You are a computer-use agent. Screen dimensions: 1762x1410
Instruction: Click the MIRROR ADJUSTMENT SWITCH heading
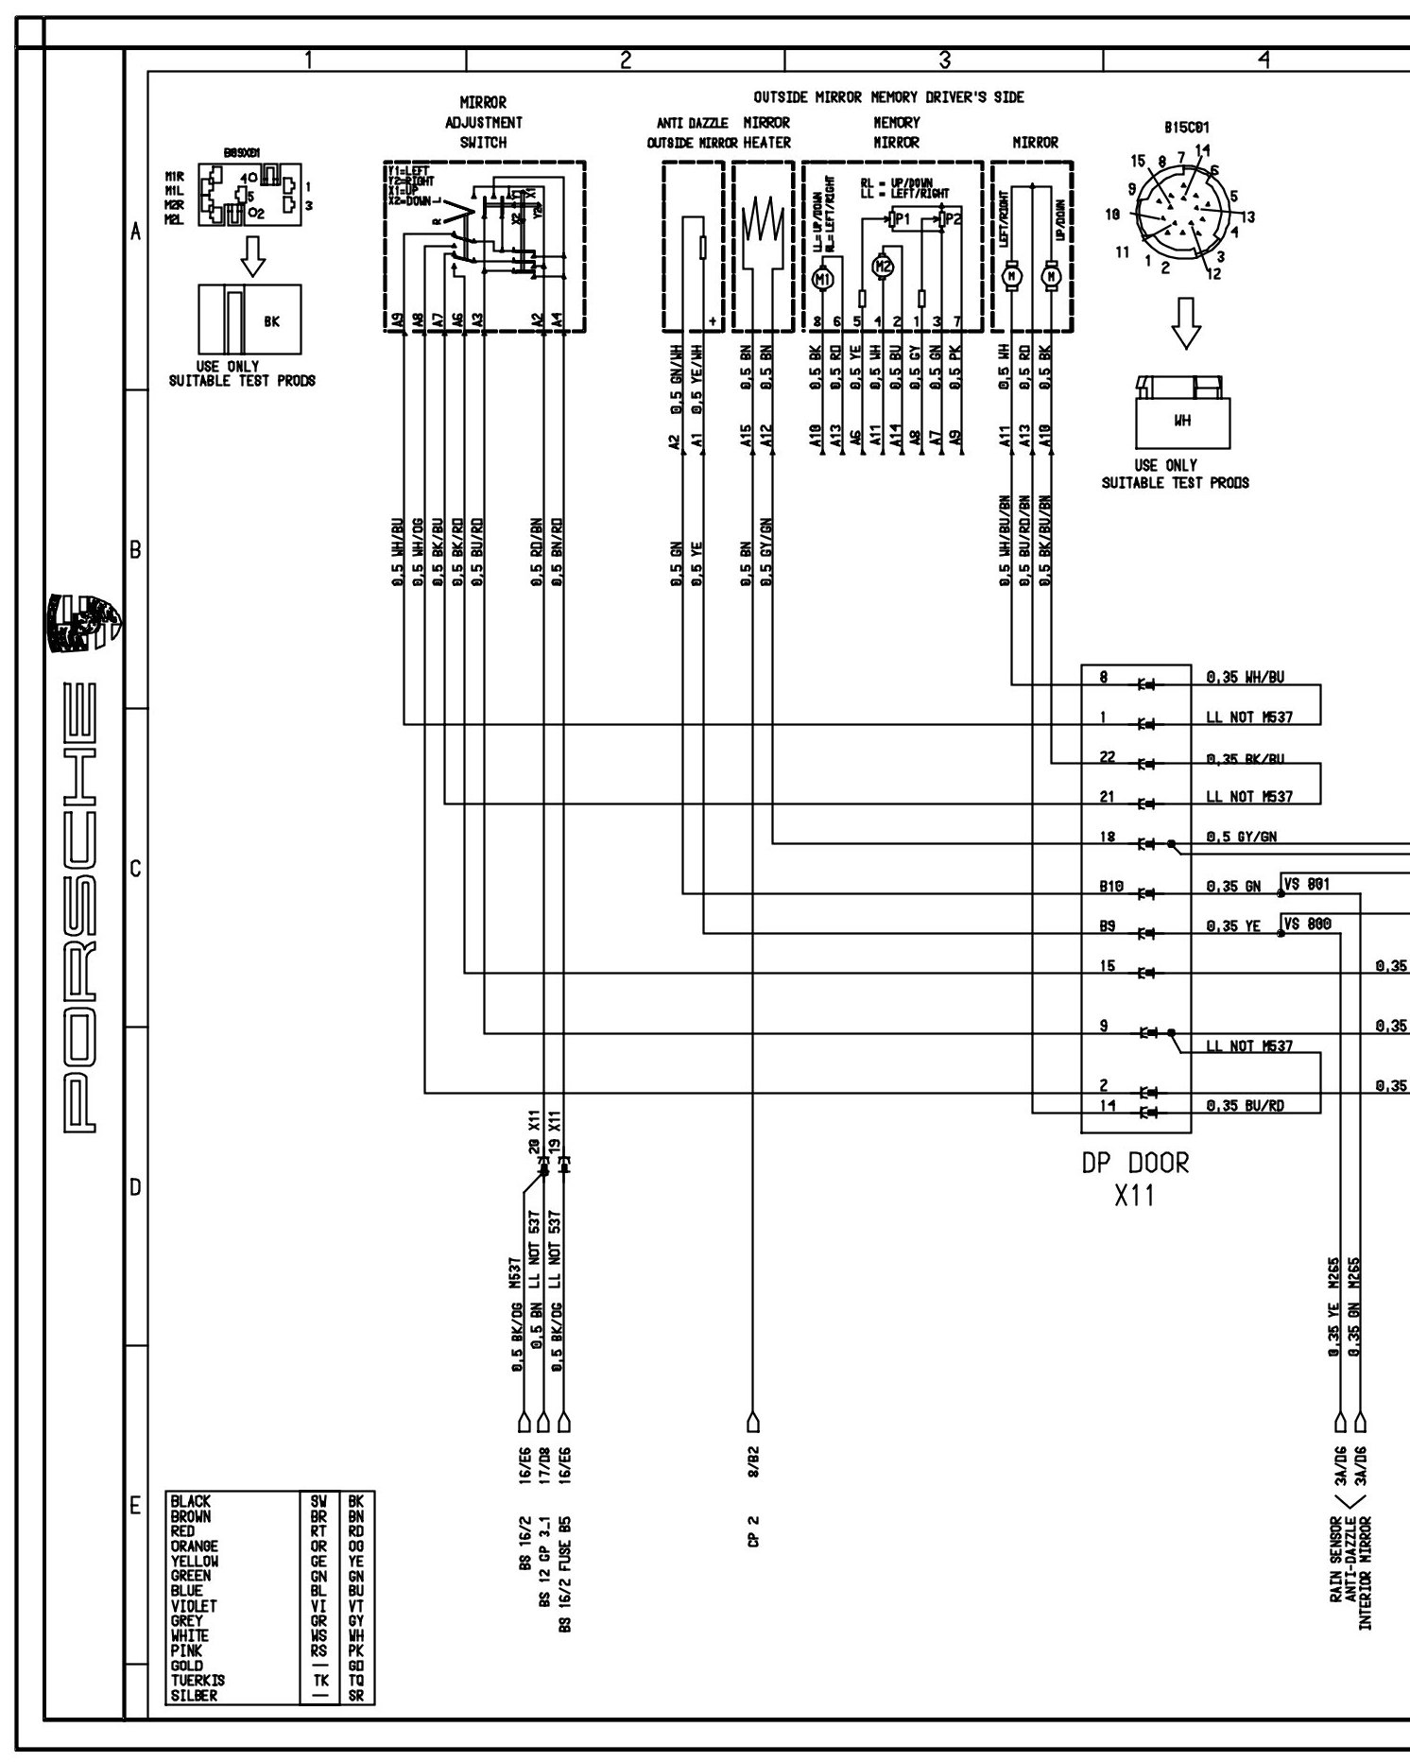pyautogui.click(x=483, y=122)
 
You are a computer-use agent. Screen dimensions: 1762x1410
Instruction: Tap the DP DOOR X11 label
pyautogui.click(x=1135, y=1178)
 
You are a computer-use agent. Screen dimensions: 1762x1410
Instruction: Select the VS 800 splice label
pyautogui.click(x=1307, y=924)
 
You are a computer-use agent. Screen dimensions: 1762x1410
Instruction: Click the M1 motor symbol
pyautogui.click(x=822, y=279)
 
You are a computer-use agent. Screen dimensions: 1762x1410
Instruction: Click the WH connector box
pyautogui.click(x=1182, y=422)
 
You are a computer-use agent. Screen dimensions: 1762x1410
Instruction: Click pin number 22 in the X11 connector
pyautogui.click(x=1108, y=757)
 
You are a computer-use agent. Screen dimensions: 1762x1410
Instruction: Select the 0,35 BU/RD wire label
pyautogui.click(x=1246, y=1106)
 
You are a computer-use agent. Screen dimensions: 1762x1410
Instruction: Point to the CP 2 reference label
pyautogui.click(x=753, y=1552)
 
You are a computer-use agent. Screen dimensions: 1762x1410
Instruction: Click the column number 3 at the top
pyautogui.click(x=944, y=59)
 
